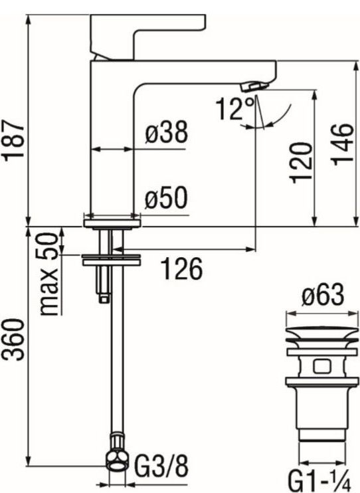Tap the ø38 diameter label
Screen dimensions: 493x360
(x=166, y=134)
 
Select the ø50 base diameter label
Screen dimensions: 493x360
(x=166, y=199)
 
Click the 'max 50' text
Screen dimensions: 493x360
(x=47, y=274)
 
